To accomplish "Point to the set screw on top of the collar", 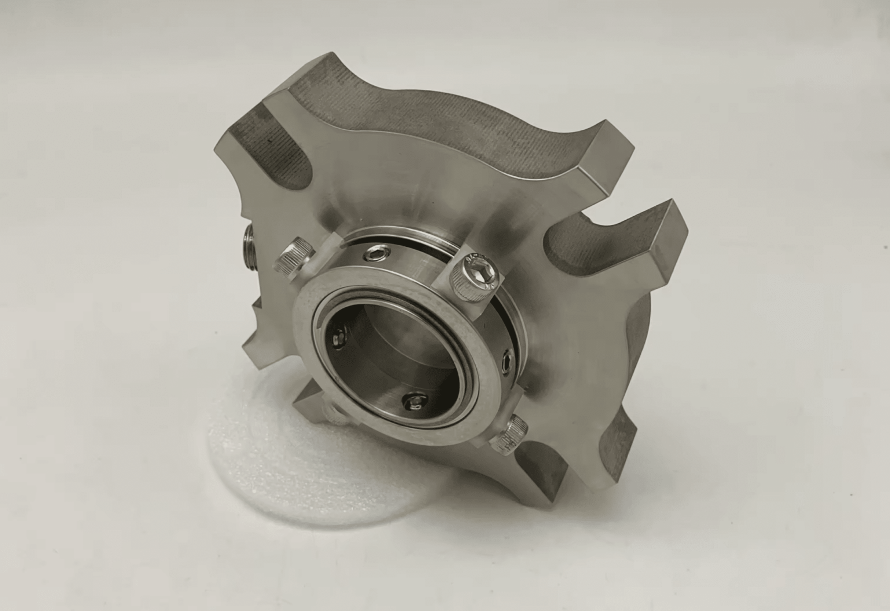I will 375,254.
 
